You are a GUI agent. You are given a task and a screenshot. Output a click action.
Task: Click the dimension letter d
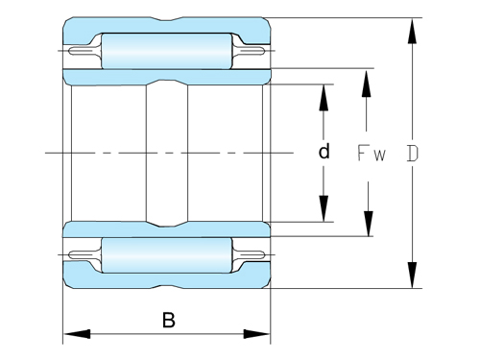tap(324, 152)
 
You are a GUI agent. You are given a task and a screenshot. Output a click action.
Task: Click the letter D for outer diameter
tap(412, 152)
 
